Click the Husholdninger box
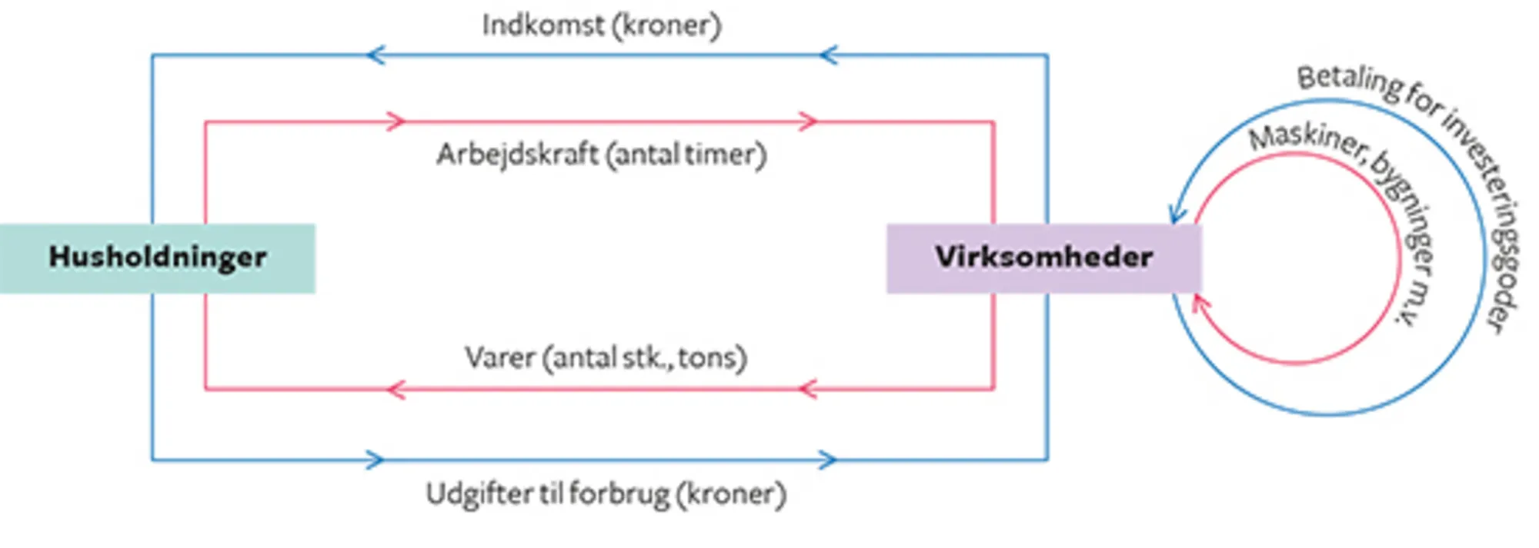158,258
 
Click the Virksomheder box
1043,258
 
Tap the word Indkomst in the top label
543,25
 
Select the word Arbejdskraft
517,154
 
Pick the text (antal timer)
686,155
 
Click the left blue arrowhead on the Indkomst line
376,55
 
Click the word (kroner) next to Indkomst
666,25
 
